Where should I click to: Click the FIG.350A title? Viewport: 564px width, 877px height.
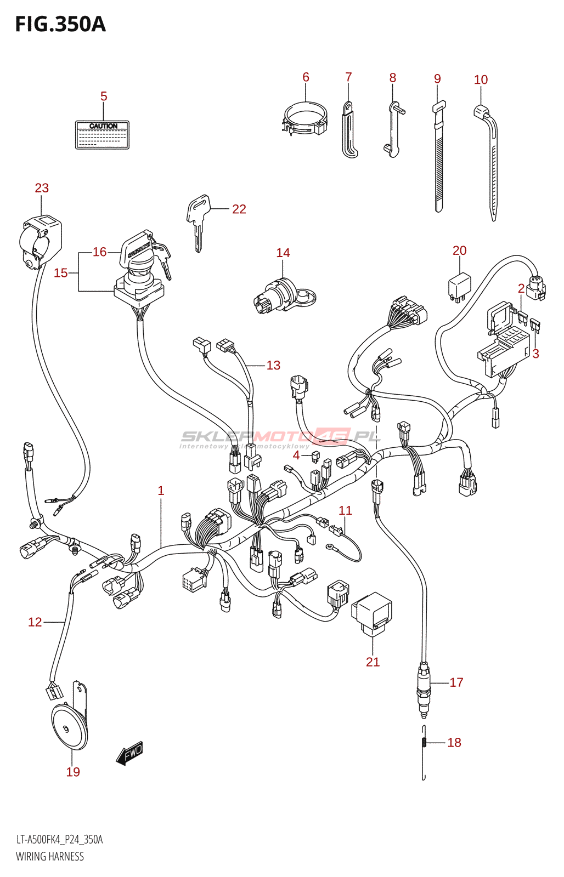pos(60,24)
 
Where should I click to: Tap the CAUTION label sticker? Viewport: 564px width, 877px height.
pos(102,135)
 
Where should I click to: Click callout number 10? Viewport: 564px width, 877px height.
pos(481,80)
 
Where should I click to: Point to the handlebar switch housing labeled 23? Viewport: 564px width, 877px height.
pos(41,241)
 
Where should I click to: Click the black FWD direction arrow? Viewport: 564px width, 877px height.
pos(129,754)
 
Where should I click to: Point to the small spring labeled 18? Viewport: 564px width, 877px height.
pos(424,743)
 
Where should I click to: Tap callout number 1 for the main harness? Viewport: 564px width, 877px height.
pos(161,491)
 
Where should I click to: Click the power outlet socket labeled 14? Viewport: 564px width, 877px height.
pos(283,297)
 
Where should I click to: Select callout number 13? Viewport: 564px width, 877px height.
pos(273,365)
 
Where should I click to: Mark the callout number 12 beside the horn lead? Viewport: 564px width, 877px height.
pos(35,622)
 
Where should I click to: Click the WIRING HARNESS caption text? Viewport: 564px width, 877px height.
pos(50,856)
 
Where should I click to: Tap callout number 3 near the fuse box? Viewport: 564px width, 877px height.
pos(535,354)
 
